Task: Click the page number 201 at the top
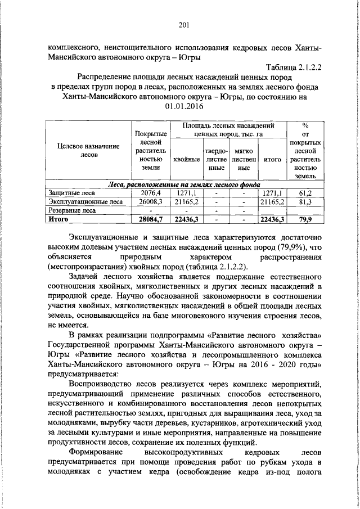tap(183, 24)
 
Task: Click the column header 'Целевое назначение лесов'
tap(89, 150)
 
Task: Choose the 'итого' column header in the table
tap(273, 160)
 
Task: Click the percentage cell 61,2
tap(306, 192)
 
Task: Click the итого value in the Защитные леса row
tap(273, 192)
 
